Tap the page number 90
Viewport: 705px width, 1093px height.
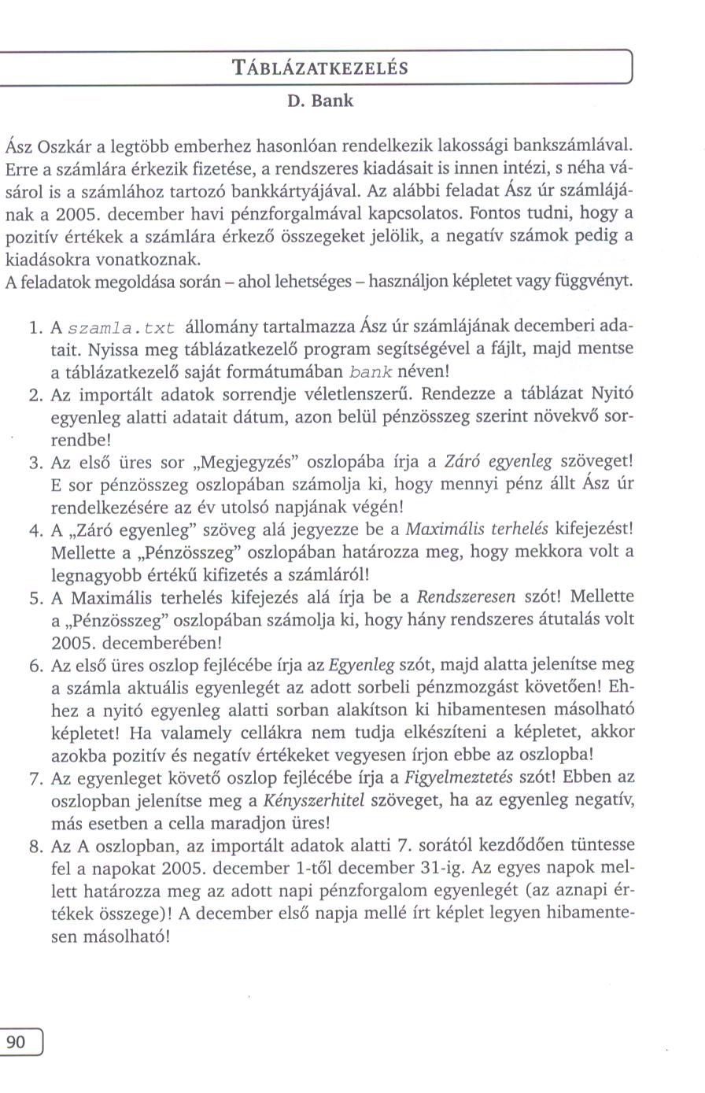click(16, 1043)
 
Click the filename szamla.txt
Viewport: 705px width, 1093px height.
click(122, 327)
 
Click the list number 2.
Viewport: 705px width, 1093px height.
click(34, 394)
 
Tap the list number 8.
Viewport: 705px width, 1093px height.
click(34, 847)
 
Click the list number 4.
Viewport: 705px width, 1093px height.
click(34, 530)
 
